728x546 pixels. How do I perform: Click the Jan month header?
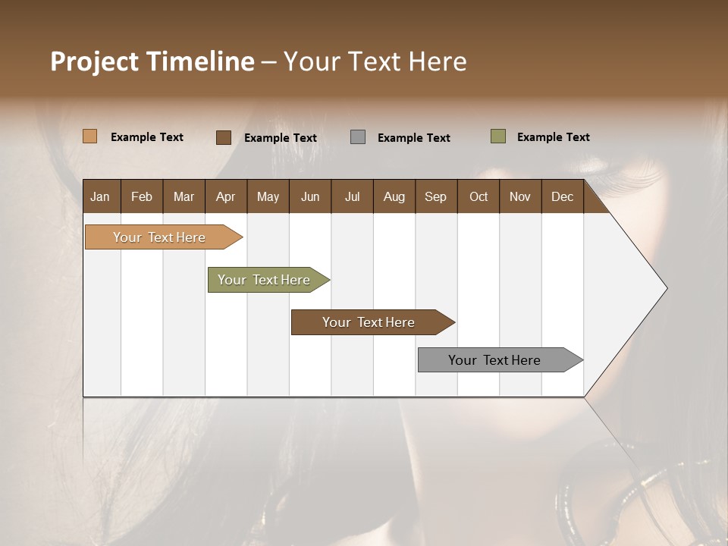click(101, 196)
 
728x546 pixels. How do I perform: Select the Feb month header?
click(142, 196)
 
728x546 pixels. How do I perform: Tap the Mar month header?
click(184, 196)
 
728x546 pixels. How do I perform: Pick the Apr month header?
click(226, 196)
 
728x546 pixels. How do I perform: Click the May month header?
click(268, 196)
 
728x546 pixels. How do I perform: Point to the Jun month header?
click(310, 196)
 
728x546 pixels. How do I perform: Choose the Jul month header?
click(352, 196)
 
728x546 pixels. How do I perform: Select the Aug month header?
click(394, 196)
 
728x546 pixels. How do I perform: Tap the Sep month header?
click(436, 196)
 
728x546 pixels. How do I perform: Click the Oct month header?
click(479, 196)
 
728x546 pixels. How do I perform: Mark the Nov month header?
click(520, 196)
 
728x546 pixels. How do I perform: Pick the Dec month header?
click(562, 196)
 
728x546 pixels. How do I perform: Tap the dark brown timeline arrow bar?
click(369, 322)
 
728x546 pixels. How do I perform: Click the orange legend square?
click(90, 136)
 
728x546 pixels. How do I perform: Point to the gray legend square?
click(358, 137)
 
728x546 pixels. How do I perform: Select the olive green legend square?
click(498, 136)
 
